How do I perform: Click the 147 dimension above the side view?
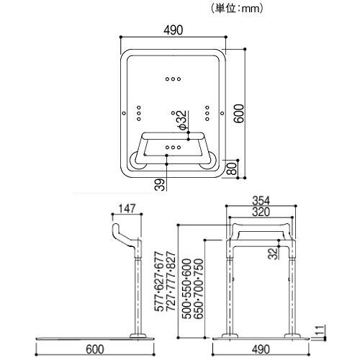tap(128, 209)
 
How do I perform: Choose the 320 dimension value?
tap(261, 213)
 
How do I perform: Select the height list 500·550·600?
tap(186, 288)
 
